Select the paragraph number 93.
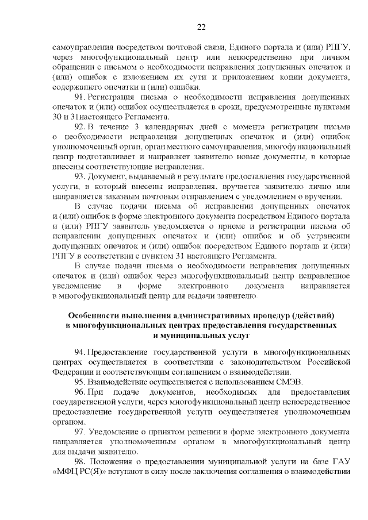82,175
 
